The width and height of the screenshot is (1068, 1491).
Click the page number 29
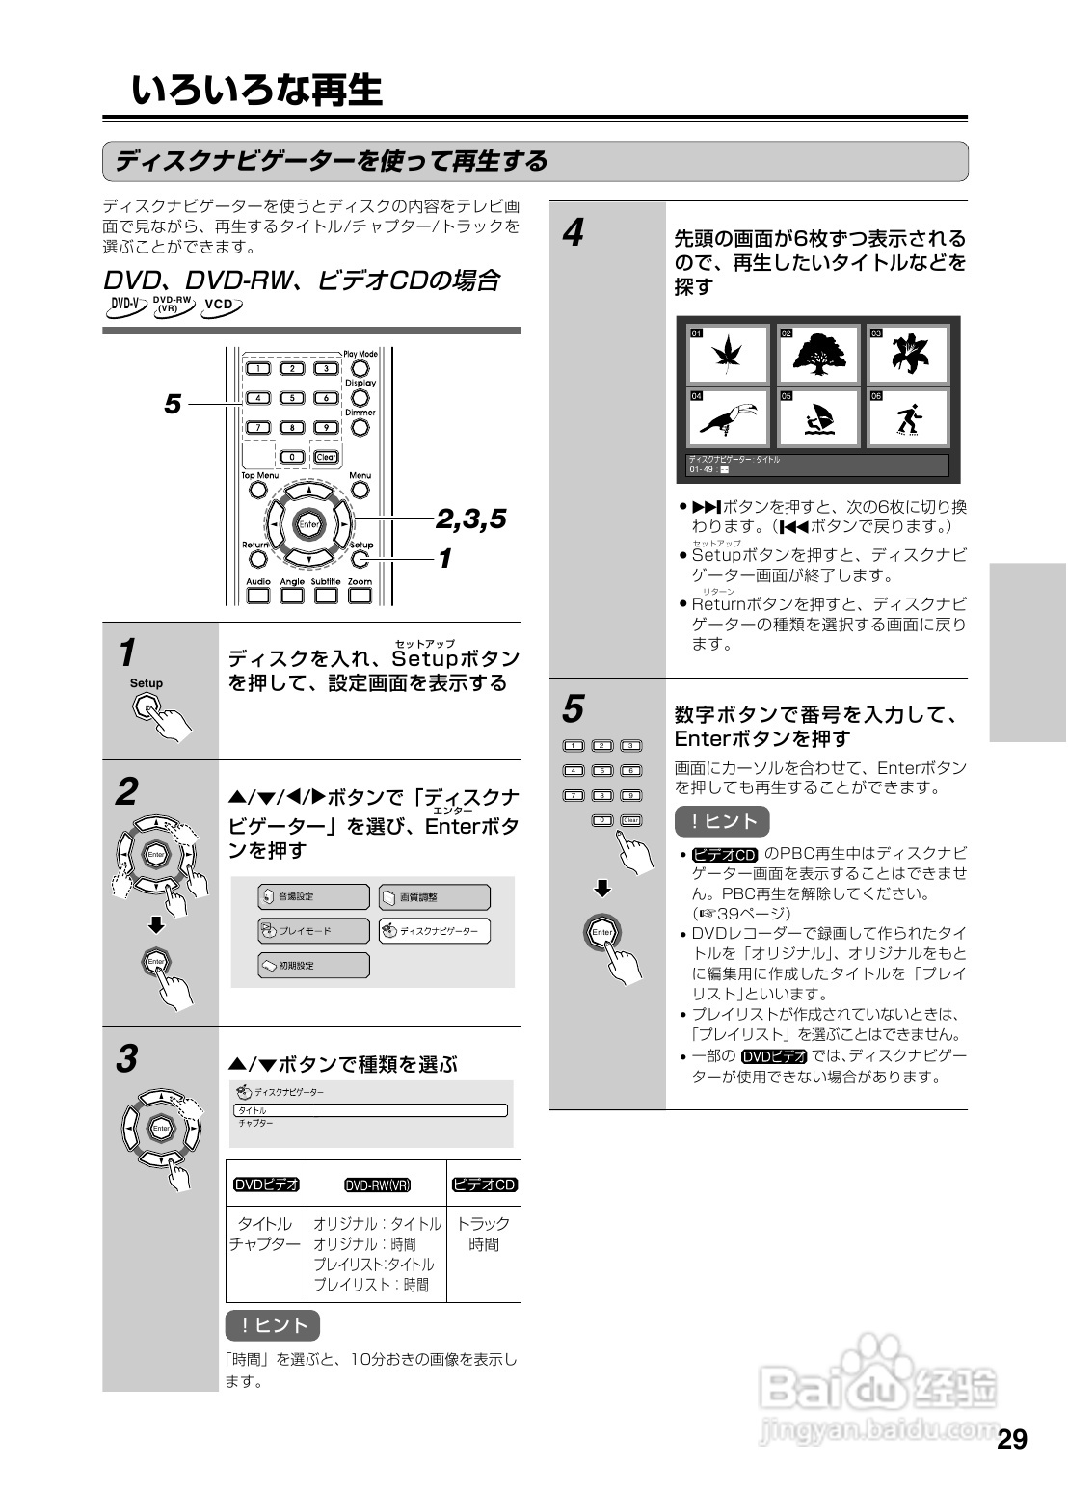pyautogui.click(x=1012, y=1440)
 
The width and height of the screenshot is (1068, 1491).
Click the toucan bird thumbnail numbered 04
pyautogui.click(x=729, y=417)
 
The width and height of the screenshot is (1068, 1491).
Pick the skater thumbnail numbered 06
pyautogui.click(x=908, y=417)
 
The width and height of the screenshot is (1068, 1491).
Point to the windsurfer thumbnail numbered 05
pyautogui.click(x=818, y=417)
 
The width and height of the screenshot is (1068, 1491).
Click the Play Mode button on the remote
pyautogui.click(x=360, y=367)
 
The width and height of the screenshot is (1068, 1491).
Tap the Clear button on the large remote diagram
pyautogui.click(x=327, y=457)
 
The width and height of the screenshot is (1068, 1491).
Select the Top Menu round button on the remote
pyautogui.click(x=257, y=490)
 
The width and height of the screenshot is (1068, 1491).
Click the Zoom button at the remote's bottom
pyautogui.click(x=360, y=595)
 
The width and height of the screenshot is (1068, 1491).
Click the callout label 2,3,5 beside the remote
pyautogui.click(x=470, y=519)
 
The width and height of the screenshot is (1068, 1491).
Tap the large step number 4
pyautogui.click(x=574, y=233)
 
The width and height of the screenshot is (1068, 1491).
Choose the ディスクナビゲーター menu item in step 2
pyautogui.click(x=434, y=931)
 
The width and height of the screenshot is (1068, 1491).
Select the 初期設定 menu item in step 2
pyautogui.click(x=313, y=965)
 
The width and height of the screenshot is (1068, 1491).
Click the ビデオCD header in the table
pyautogui.click(x=485, y=1185)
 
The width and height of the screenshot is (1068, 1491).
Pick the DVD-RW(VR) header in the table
pyautogui.click(x=377, y=1185)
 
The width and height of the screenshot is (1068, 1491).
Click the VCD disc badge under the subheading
pyautogui.click(x=222, y=306)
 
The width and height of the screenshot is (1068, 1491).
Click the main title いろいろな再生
pyautogui.click(x=256, y=91)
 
